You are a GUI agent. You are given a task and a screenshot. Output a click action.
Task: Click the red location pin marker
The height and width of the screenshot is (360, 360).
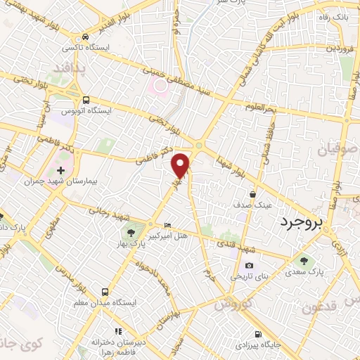pyautogui.click(x=181, y=165)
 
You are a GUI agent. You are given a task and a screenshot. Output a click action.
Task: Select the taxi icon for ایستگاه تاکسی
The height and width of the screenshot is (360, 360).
pyautogui.click(x=85, y=37)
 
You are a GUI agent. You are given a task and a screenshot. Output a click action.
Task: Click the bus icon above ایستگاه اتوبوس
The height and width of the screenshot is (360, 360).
pyautogui.click(x=86, y=100)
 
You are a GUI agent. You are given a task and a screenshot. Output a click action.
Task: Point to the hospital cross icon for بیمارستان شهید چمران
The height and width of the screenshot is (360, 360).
pyautogui.click(x=61, y=170)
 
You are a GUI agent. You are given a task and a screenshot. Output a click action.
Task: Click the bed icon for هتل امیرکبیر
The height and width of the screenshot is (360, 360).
pyautogui.click(x=167, y=226)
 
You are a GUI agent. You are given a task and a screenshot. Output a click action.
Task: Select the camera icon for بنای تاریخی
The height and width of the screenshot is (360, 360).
pyautogui.click(x=249, y=265)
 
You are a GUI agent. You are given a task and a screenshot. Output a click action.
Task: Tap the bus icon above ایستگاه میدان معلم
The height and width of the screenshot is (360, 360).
pyautogui.click(x=105, y=291)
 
